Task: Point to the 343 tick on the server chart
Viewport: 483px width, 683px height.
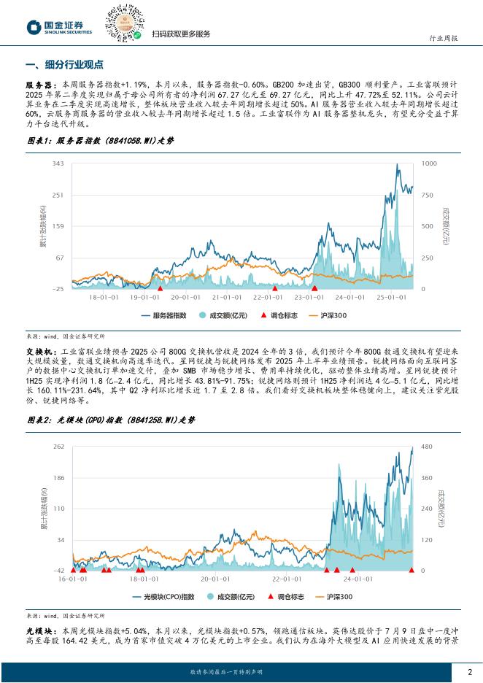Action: point(59,163)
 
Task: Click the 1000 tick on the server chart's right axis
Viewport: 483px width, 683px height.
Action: point(429,163)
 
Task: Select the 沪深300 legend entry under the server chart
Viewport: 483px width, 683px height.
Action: point(331,315)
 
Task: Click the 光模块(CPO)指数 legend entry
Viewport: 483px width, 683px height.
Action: point(163,597)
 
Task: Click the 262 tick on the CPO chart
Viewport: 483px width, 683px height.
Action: point(59,446)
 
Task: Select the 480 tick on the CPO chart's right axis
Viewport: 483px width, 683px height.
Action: point(426,446)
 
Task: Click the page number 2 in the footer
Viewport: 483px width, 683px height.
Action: point(469,672)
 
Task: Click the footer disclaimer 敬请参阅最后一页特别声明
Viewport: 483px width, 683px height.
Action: point(225,672)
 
